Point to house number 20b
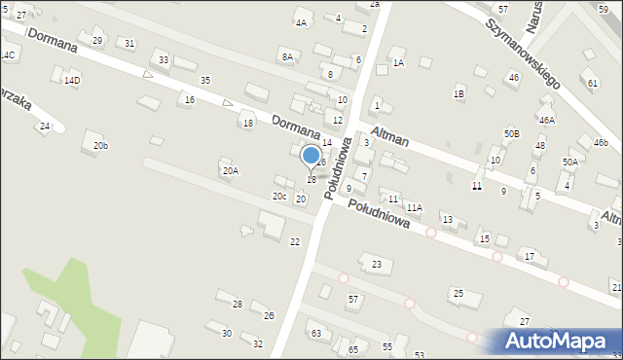(x=100, y=146)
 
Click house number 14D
(x=72, y=81)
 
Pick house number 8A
(x=287, y=57)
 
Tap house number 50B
(x=511, y=133)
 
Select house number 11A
(x=415, y=208)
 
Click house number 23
(x=377, y=265)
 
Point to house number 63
(x=315, y=334)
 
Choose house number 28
(x=237, y=305)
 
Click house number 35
(x=204, y=80)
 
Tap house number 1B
(x=458, y=93)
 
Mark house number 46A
(x=547, y=121)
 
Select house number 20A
(x=230, y=171)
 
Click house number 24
(x=44, y=126)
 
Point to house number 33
(x=164, y=60)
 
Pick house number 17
(x=530, y=256)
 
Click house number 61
(x=593, y=83)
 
